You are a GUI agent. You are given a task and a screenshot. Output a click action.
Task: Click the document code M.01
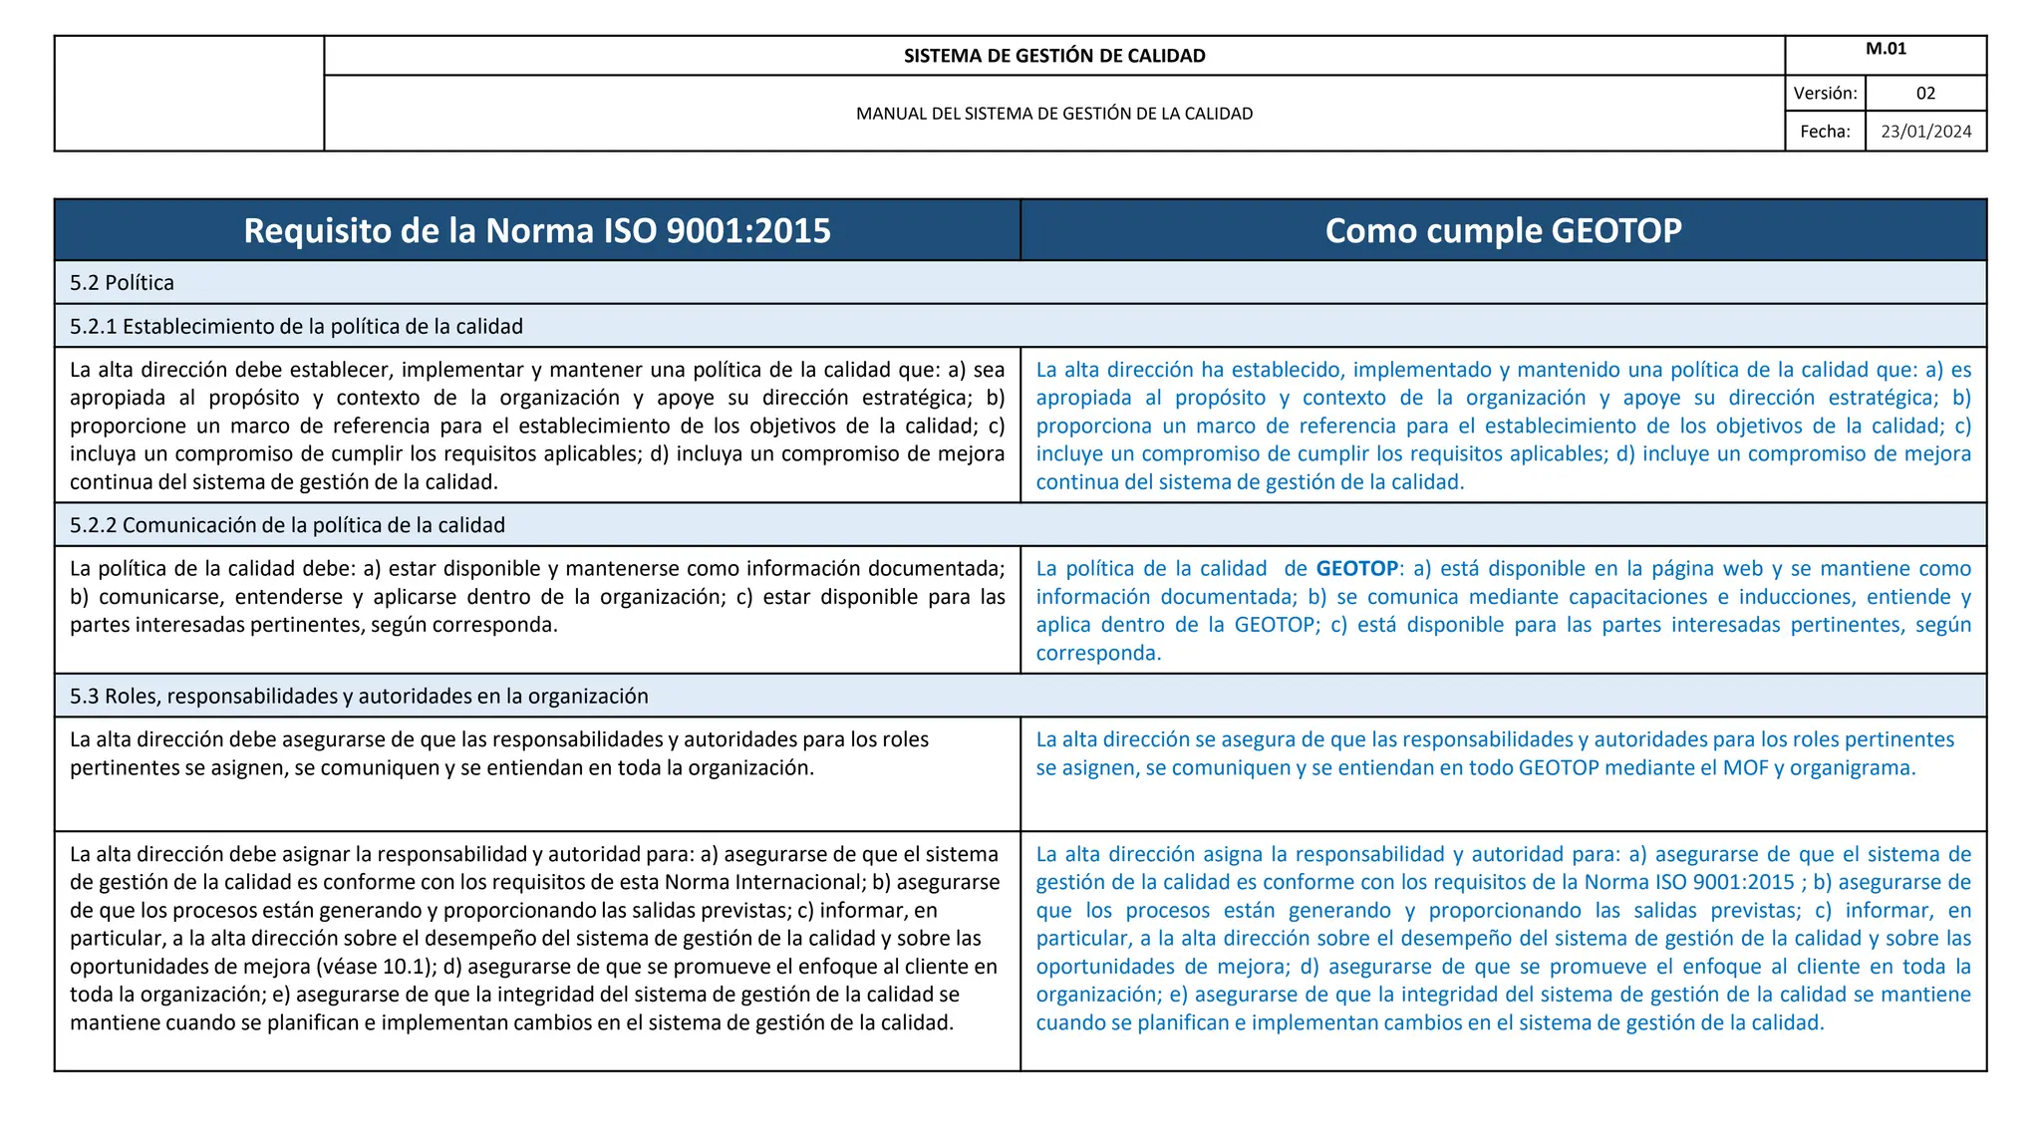[x=1886, y=49]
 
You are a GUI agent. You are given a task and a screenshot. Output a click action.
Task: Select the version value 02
[x=1925, y=94]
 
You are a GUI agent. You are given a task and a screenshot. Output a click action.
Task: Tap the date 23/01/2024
[x=1925, y=132]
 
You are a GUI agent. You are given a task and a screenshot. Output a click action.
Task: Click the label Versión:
[x=1825, y=94]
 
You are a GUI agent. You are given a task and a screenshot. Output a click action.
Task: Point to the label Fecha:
[x=1825, y=132]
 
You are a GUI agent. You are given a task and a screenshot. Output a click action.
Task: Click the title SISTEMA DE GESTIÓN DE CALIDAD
[x=1054, y=56]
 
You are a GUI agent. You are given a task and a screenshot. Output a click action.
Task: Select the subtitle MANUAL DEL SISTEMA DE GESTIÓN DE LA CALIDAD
[x=1054, y=114]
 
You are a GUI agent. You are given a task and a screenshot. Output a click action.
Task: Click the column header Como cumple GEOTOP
[x=1503, y=230]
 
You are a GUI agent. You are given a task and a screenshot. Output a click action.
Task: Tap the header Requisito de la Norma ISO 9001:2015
[x=537, y=230]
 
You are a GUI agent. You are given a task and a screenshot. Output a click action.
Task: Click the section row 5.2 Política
[x=122, y=283]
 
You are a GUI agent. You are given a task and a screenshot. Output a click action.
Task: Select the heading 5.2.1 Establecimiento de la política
[x=296, y=327]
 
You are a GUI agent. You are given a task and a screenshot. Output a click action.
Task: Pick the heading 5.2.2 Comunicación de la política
[x=287, y=525]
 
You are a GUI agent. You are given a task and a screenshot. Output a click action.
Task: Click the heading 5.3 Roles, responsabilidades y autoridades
[x=359, y=697]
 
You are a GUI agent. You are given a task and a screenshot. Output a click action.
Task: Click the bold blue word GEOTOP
[x=1356, y=569]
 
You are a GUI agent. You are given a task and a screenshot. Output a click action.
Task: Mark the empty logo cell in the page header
[x=189, y=94]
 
